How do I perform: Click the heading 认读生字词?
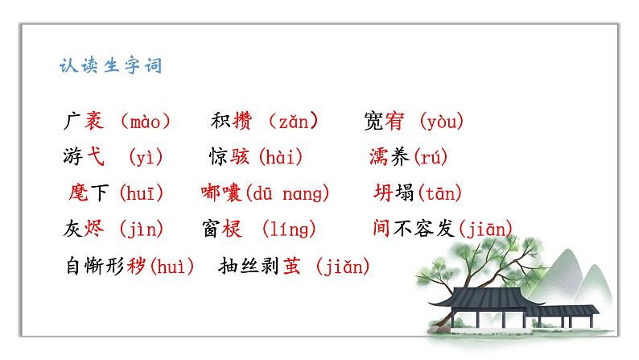pos(111,64)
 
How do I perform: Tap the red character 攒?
pos(242,122)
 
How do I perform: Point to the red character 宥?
pos(394,122)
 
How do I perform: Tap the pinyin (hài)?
pos(285,158)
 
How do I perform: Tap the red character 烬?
pos(94,230)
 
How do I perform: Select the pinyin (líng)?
pos(289,230)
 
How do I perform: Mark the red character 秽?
pos(138,266)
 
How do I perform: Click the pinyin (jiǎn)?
pos(342,266)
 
